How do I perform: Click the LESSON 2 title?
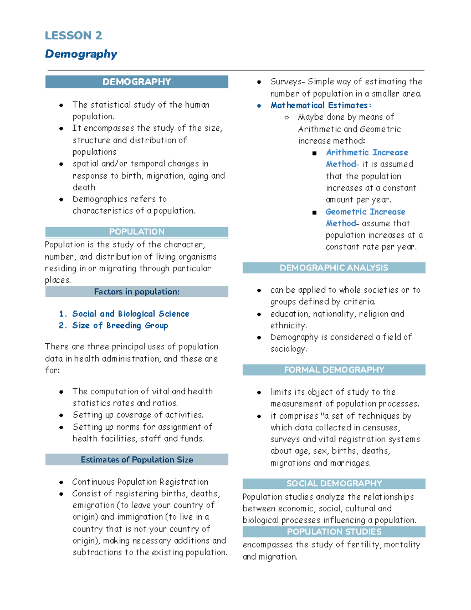(73, 35)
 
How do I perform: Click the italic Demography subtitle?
(81, 54)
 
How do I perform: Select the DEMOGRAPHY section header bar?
(137, 82)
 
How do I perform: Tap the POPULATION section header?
(137, 232)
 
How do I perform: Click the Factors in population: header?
(137, 292)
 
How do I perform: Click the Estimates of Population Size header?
(137, 460)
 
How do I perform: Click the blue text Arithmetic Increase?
(367, 152)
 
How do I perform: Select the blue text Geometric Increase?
(365, 212)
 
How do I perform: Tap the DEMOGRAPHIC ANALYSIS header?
(334, 268)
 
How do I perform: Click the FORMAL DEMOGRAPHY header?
(334, 370)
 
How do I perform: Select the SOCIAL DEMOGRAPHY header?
(334, 484)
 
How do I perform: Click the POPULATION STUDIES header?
(334, 532)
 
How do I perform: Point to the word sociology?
(288, 349)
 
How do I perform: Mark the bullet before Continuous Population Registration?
(61, 482)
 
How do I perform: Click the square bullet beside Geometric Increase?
(314, 212)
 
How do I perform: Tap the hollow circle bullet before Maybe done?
(287, 117)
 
